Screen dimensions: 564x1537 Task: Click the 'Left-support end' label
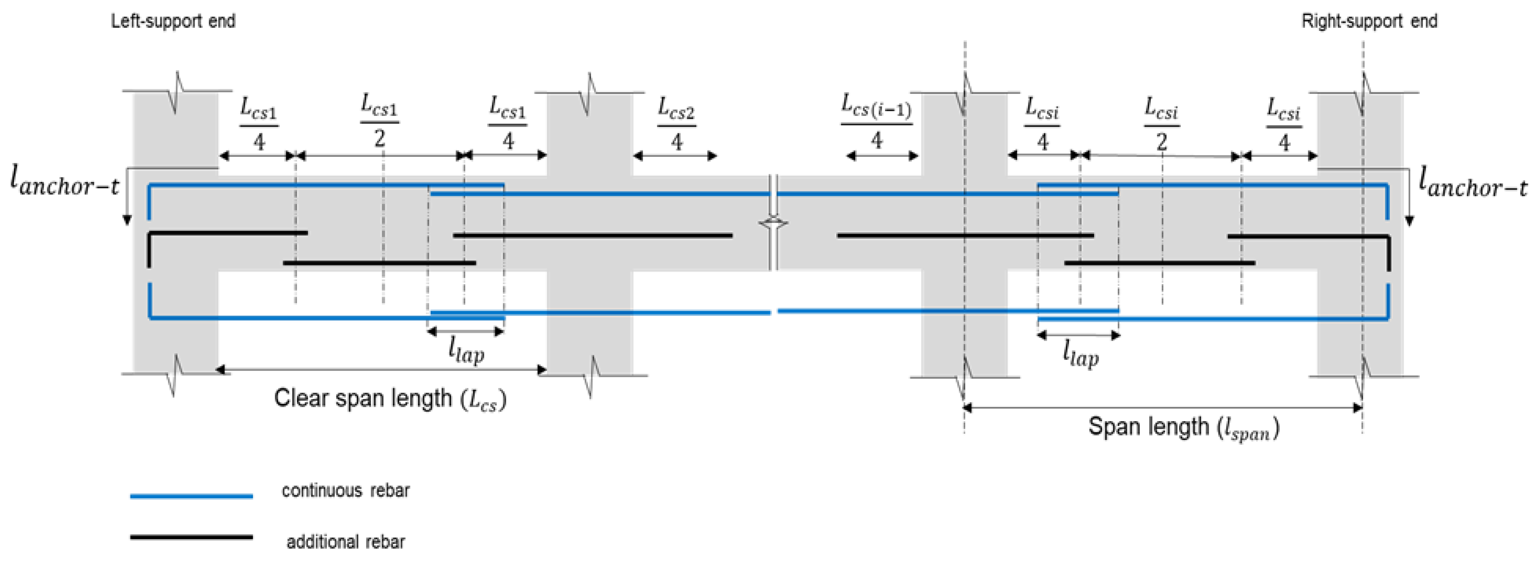pos(173,21)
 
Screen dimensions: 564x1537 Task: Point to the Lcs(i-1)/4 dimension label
pos(876,122)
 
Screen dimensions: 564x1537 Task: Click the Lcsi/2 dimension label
pos(1161,124)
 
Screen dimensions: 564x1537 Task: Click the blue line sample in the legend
pos(192,495)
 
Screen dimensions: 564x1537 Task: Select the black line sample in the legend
pos(192,537)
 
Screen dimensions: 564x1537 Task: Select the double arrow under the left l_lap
pos(466,331)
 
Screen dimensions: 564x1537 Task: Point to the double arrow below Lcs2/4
pos(675,156)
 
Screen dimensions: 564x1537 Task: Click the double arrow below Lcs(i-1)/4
pos(882,156)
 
